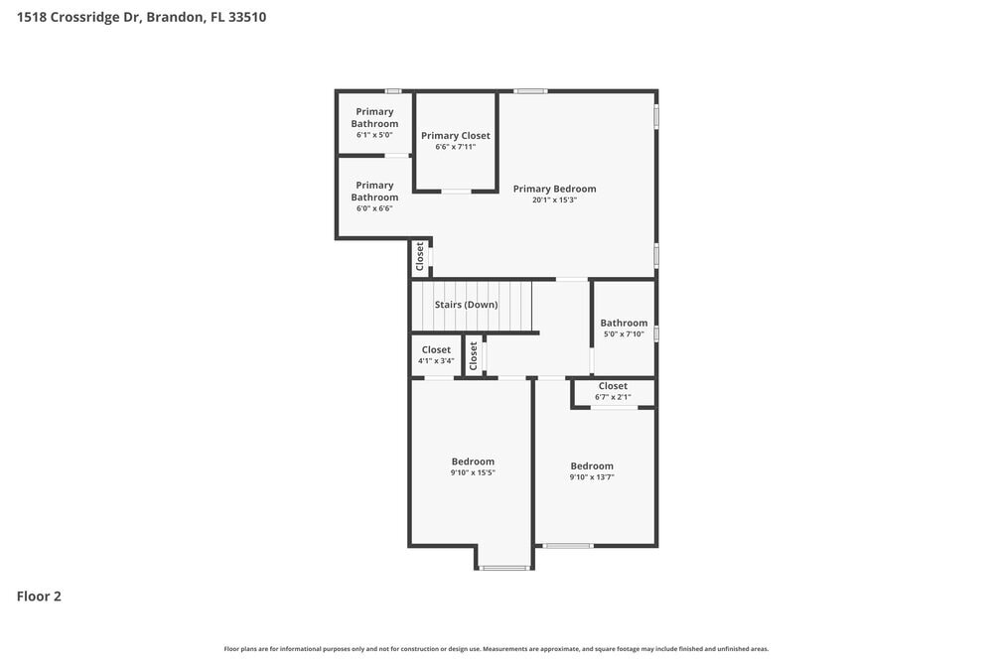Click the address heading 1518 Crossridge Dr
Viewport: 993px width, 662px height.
point(141,17)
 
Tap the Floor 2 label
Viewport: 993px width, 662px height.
point(39,596)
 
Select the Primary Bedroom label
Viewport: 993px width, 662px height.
point(554,189)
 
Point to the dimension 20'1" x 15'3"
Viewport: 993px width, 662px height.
point(554,199)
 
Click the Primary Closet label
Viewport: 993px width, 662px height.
point(455,136)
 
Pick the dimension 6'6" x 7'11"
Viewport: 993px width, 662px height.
point(455,147)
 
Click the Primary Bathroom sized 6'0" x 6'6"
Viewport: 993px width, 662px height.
point(374,192)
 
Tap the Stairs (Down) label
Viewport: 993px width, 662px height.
point(466,305)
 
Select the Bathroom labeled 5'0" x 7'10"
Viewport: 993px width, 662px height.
point(624,323)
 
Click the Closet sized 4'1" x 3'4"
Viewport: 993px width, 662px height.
point(436,350)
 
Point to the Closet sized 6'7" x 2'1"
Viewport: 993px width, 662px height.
point(613,386)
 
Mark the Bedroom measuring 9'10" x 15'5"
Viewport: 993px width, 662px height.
point(473,462)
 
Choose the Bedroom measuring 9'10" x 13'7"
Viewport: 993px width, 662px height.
point(592,466)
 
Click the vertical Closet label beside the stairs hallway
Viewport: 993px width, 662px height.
point(474,356)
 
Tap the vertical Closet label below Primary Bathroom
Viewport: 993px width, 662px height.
point(420,257)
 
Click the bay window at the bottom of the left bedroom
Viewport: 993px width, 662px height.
point(503,568)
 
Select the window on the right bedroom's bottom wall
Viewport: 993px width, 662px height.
point(568,545)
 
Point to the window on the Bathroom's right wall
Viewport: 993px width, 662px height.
point(656,333)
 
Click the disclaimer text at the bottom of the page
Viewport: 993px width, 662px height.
point(496,649)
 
